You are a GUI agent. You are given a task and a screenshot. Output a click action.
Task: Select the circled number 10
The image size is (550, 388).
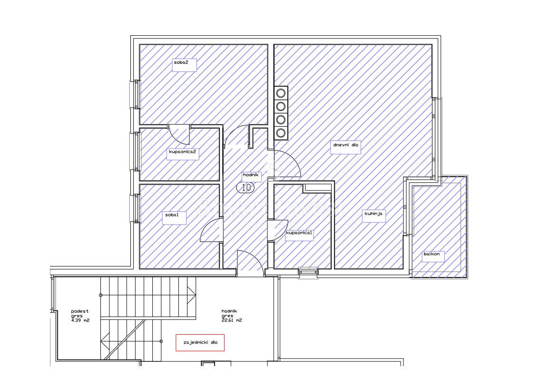[246, 188]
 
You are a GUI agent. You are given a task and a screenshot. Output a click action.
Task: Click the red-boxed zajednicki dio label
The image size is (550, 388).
[200, 343]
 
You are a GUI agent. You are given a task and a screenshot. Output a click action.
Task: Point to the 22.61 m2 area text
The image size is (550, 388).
[232, 320]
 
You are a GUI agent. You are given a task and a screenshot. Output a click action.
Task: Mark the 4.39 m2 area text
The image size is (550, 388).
[80, 320]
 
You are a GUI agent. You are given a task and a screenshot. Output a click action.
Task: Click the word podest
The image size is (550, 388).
[79, 311]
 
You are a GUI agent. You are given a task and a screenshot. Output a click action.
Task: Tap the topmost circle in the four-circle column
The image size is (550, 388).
[281, 93]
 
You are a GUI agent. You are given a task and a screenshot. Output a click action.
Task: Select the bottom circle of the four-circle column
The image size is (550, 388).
[281, 133]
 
